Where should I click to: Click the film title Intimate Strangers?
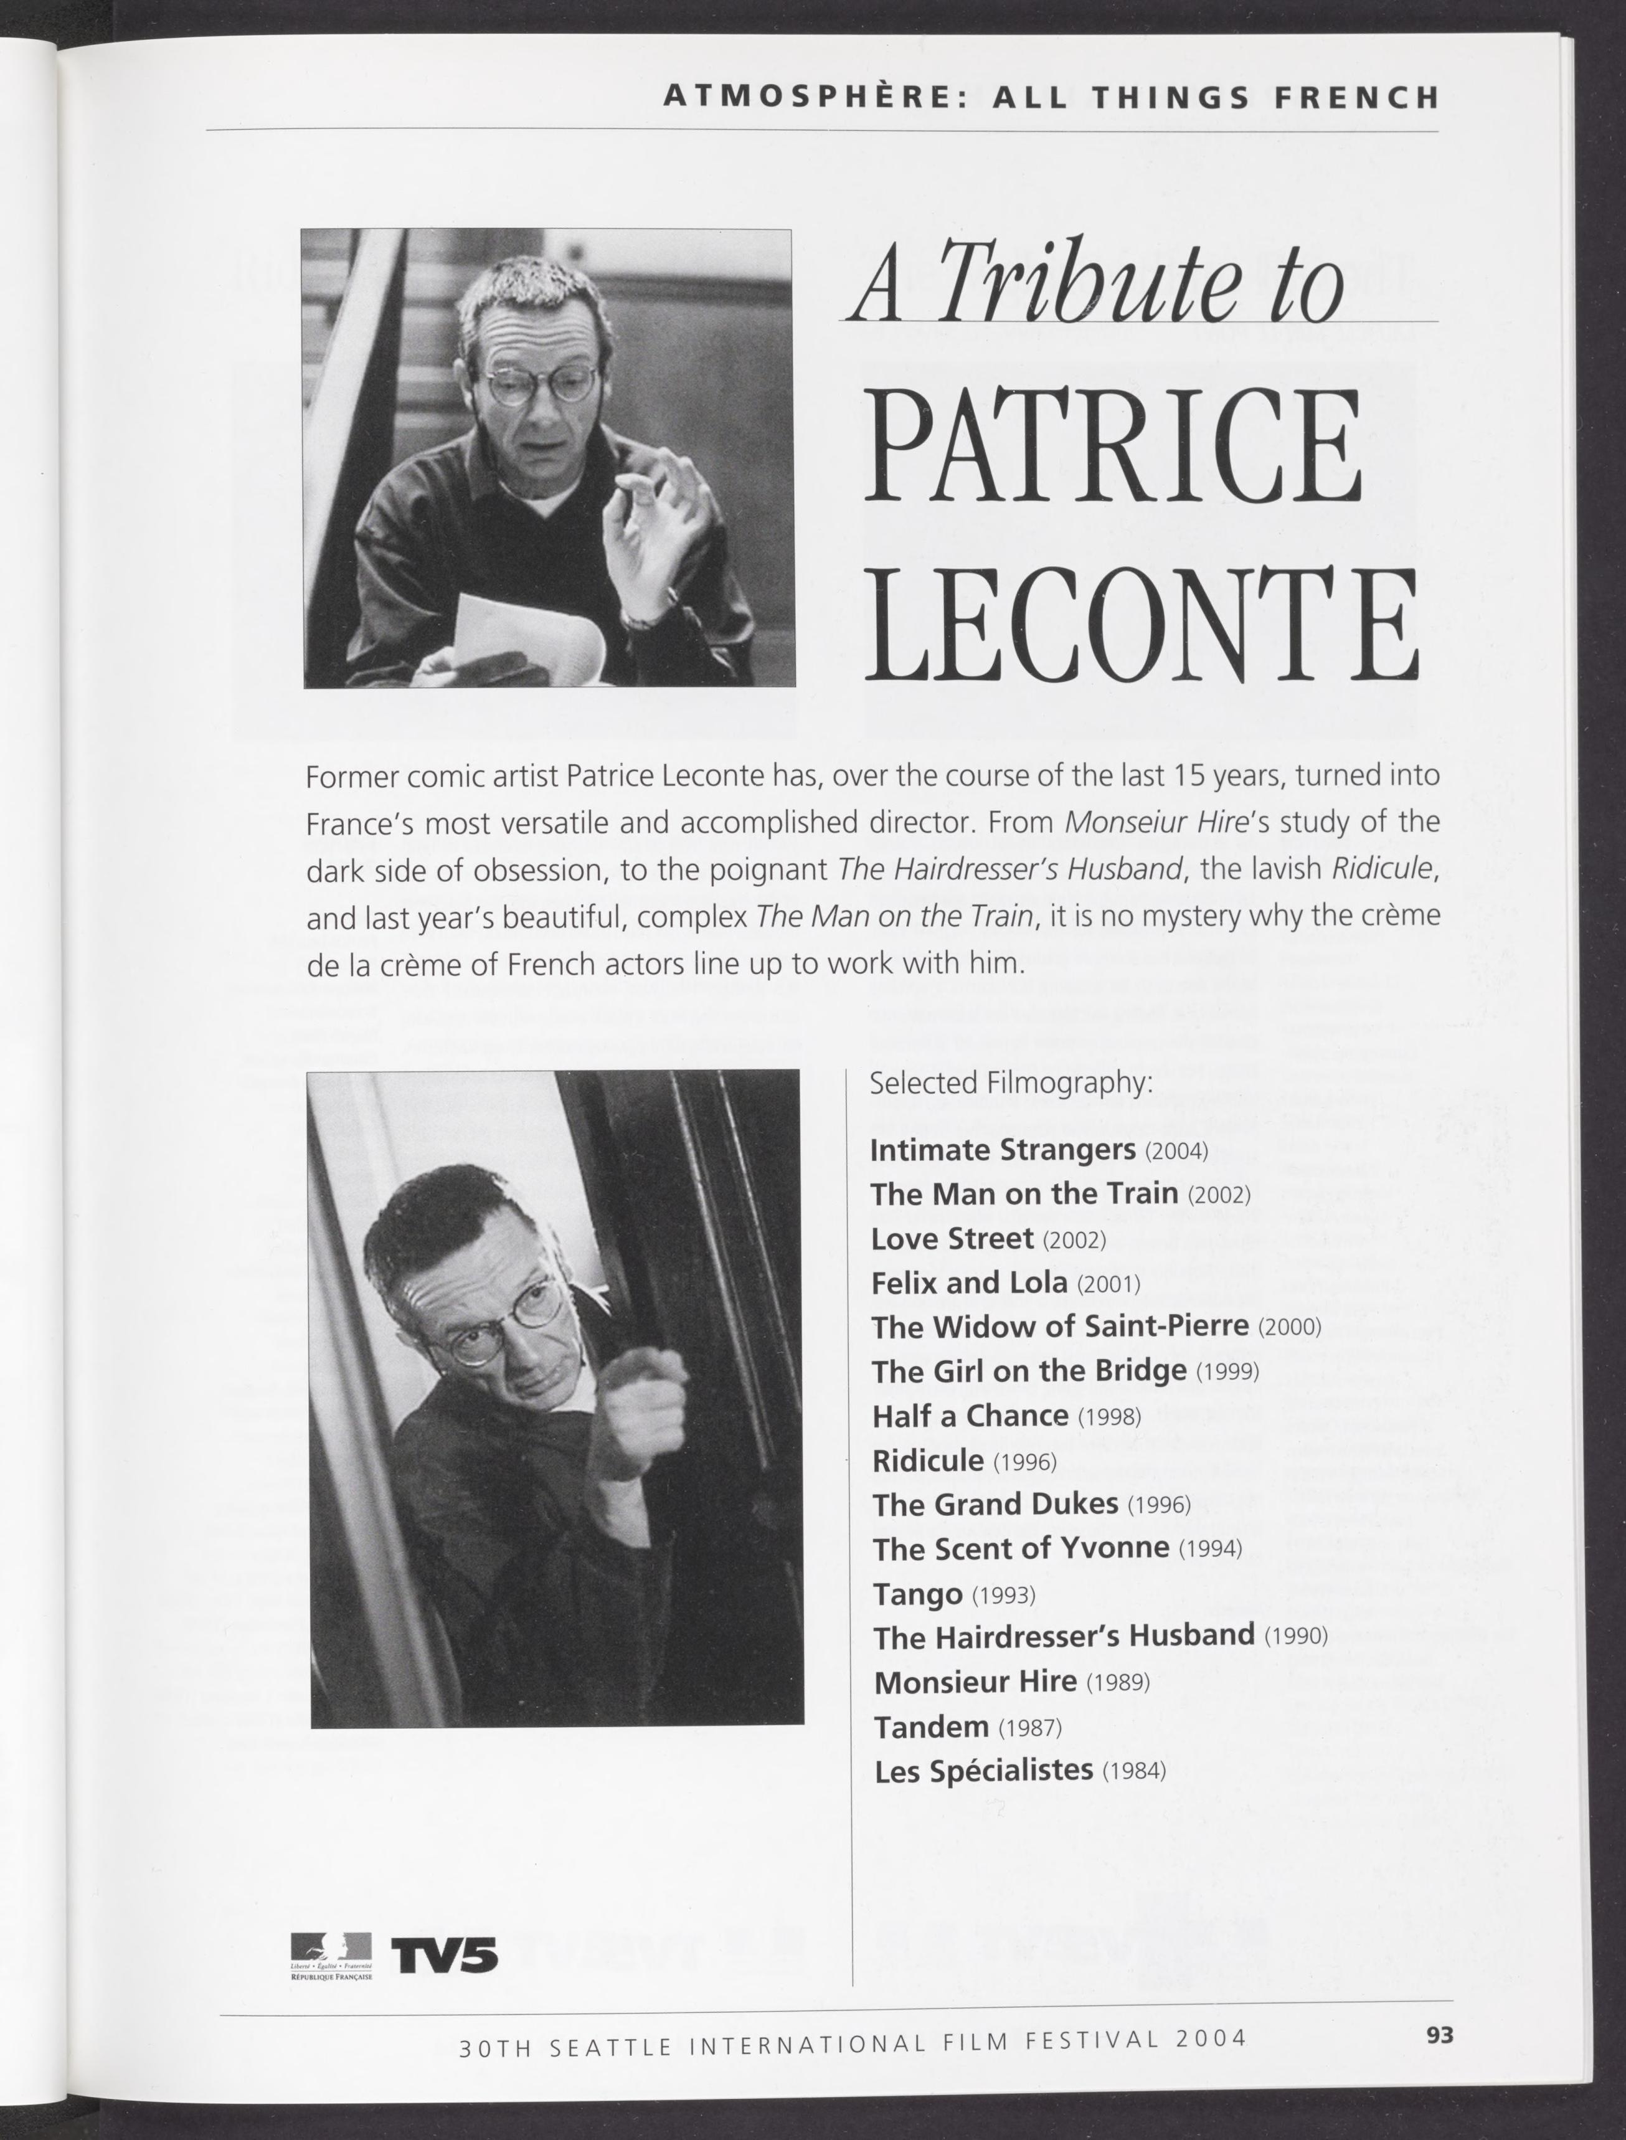pyautogui.click(x=1002, y=1150)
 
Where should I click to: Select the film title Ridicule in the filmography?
pyautogui.click(x=927, y=1461)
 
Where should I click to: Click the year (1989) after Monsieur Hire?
pyautogui.click(x=1117, y=1683)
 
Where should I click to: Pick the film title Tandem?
pyautogui.click(x=930, y=1726)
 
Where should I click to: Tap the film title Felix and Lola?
pyautogui.click(x=968, y=1284)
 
